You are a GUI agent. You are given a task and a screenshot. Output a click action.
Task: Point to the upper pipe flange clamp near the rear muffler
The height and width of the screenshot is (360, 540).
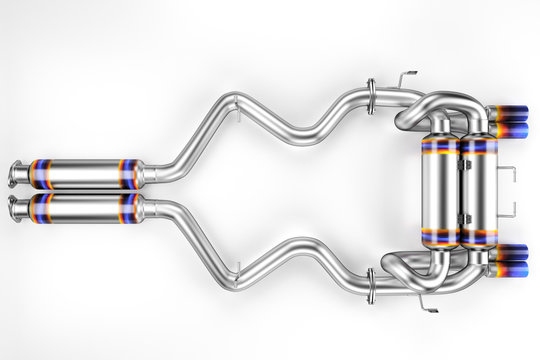point(372,97)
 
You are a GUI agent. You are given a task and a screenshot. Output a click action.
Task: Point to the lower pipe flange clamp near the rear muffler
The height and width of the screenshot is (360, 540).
point(371,285)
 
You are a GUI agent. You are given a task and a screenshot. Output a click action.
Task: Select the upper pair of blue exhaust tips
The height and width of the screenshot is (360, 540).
point(509,122)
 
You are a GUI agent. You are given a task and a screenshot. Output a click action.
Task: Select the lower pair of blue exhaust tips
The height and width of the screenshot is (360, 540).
point(509,258)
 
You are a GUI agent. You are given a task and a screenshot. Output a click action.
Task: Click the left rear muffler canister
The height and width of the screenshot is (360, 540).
point(439,190)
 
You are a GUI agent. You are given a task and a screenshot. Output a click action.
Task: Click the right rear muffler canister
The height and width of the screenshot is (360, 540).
point(478,190)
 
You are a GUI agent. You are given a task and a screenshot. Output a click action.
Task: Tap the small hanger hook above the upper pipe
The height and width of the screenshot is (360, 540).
point(404,77)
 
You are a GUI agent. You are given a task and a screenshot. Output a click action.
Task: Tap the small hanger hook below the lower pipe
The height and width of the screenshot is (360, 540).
point(428,301)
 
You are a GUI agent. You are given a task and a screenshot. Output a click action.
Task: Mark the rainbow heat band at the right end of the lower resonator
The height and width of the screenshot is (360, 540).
point(129,208)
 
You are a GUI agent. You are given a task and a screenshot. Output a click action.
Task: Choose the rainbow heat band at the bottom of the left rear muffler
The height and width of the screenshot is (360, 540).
point(439,237)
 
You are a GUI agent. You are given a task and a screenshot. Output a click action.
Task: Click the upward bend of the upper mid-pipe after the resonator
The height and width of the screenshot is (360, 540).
point(200,130)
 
